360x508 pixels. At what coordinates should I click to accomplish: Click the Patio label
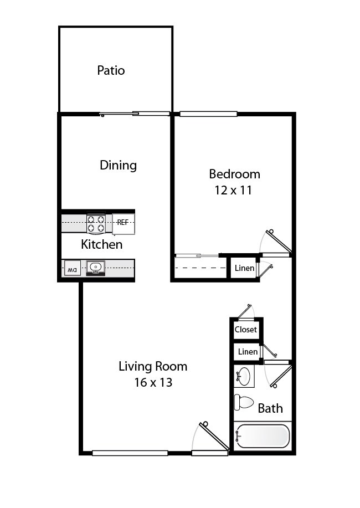click(x=111, y=70)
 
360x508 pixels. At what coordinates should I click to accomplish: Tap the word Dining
click(x=118, y=165)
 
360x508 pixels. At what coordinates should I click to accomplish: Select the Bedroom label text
click(x=234, y=174)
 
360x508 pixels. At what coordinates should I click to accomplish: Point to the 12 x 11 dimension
click(x=233, y=190)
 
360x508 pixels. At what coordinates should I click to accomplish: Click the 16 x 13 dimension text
click(x=153, y=382)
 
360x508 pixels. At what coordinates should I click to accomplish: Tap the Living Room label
click(x=153, y=366)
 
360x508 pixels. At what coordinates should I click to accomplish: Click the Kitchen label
click(x=102, y=244)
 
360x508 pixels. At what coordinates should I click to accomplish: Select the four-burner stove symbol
click(x=96, y=223)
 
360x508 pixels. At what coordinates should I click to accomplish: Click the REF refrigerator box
click(x=123, y=223)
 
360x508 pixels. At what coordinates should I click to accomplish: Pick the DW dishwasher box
click(x=71, y=269)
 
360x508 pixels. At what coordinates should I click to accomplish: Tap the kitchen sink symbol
click(x=96, y=268)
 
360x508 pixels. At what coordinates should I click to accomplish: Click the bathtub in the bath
click(x=262, y=436)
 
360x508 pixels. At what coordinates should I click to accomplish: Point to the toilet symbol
click(x=244, y=402)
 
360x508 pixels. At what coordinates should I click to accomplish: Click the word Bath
click(x=270, y=409)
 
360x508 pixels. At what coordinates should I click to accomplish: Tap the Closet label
click(x=245, y=330)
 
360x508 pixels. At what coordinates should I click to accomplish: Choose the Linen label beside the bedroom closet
click(x=244, y=269)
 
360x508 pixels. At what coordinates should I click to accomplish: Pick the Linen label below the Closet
click(x=247, y=352)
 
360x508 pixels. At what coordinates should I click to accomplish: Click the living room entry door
click(x=213, y=437)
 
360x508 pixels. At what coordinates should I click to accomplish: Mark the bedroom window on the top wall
click(x=208, y=114)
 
